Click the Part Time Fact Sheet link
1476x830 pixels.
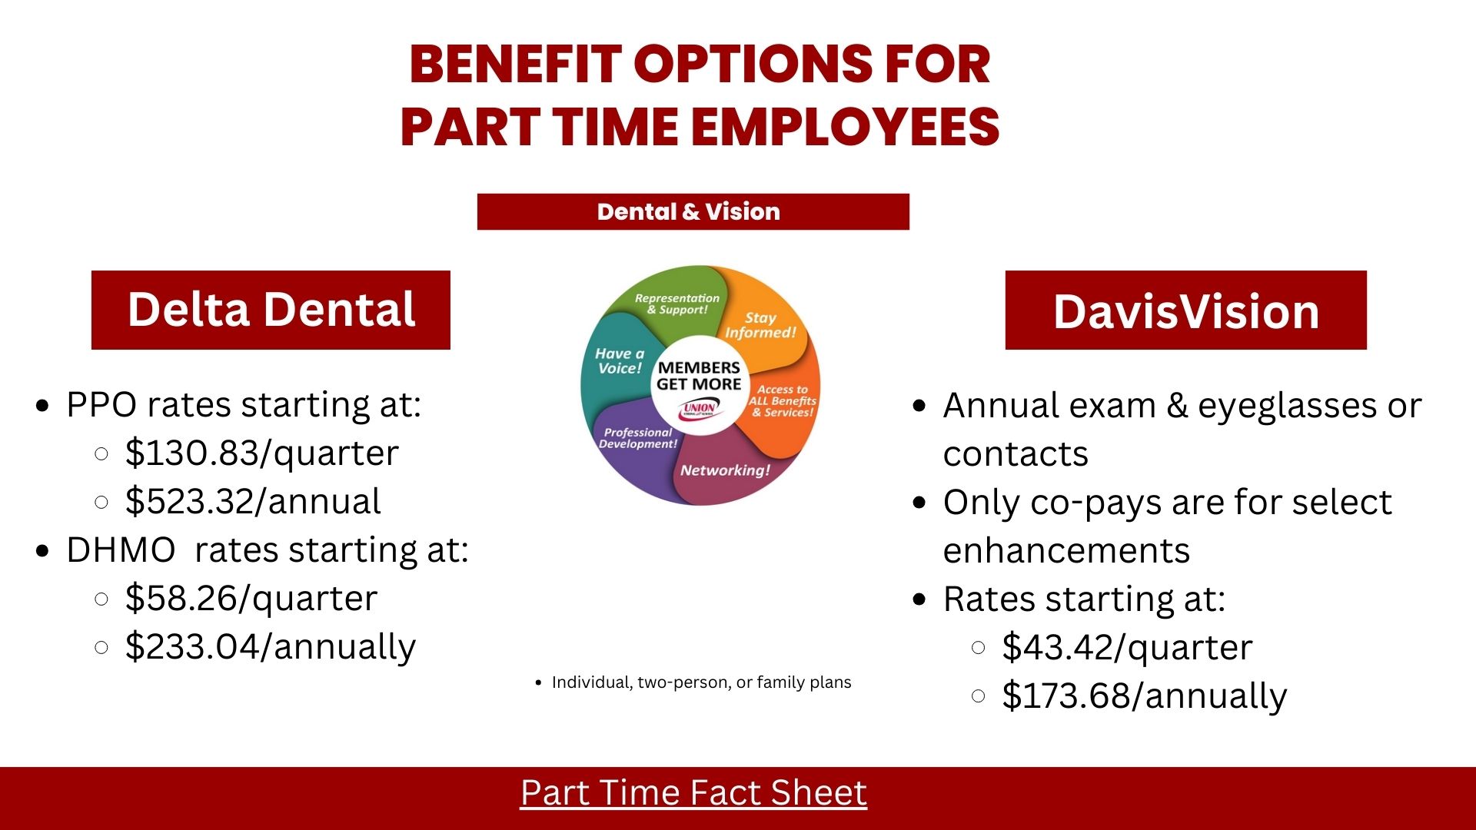tap(693, 793)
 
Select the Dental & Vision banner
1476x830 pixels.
tap(693, 211)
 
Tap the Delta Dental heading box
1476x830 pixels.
tap(271, 310)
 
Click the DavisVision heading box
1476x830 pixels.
tap(1185, 310)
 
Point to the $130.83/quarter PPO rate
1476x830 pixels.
tap(262, 453)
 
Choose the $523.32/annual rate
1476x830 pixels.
tap(253, 501)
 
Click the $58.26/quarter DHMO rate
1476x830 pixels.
tap(251, 598)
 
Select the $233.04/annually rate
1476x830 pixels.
tap(271, 646)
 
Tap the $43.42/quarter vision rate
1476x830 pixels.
tap(1127, 647)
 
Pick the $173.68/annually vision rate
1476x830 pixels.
tap(1144, 696)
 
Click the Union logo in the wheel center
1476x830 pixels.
tap(699, 408)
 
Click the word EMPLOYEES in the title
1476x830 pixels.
tap(846, 127)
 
